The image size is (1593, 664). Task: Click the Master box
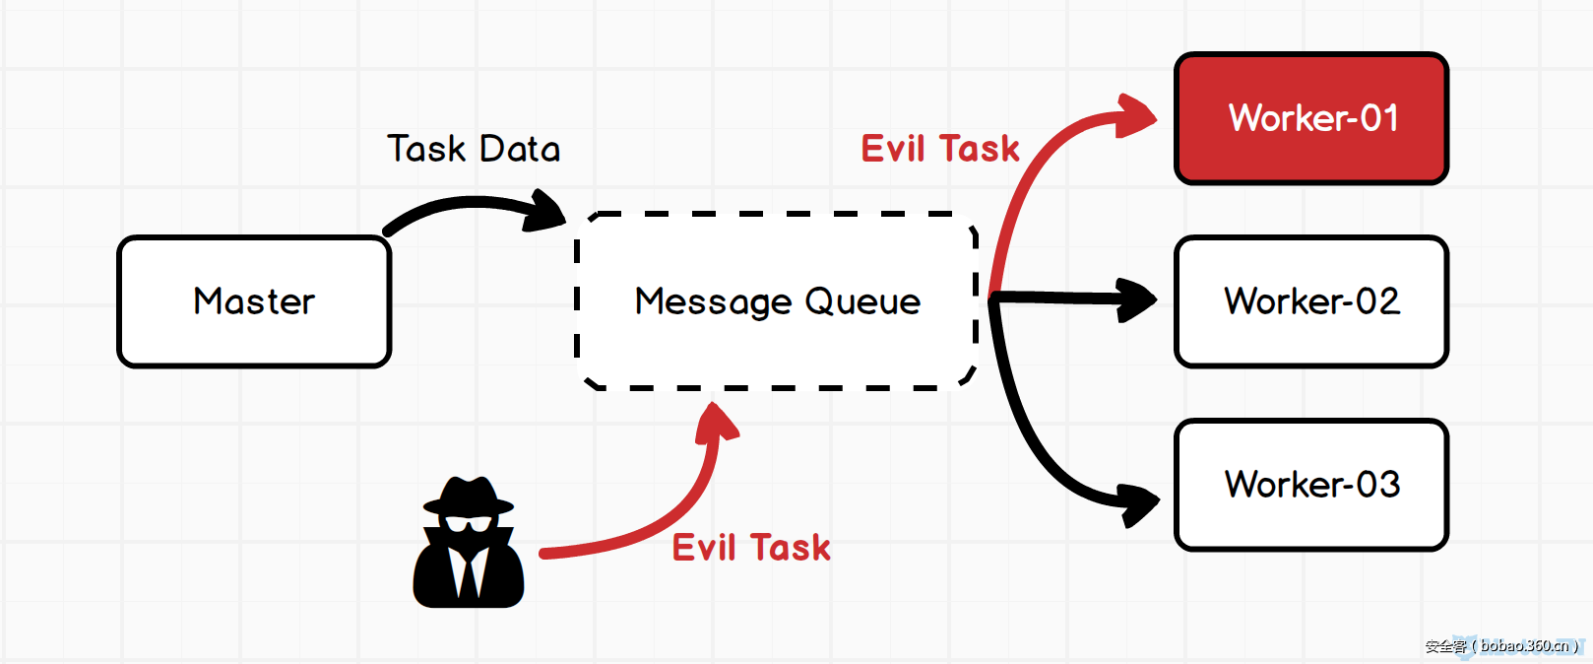coord(254,301)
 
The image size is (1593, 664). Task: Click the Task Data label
coord(474,149)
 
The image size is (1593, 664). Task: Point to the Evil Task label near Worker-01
coord(940,149)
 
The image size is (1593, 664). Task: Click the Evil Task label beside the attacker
coord(751,548)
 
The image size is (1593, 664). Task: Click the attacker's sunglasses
coord(469,522)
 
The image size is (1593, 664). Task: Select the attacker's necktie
coord(469,571)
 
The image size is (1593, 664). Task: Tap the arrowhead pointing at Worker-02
coord(1137,299)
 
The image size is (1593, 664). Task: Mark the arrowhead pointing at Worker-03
coord(1140,503)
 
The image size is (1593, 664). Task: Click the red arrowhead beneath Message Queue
coord(717,422)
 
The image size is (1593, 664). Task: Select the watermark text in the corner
coord(1501,646)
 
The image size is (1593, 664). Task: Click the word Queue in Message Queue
coord(862,301)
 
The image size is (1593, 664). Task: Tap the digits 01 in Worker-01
coord(1379,118)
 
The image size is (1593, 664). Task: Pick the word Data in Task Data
coord(520,149)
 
